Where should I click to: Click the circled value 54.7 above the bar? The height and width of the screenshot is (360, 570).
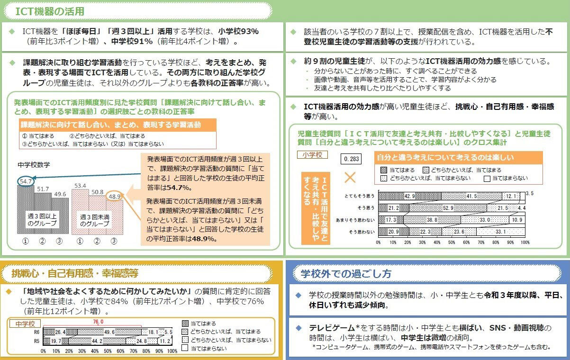tap(26, 181)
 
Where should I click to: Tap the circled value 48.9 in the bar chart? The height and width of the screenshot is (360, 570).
tap(115, 196)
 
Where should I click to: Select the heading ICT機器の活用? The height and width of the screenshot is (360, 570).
tap(50, 11)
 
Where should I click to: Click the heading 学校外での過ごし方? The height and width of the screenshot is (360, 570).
tap(346, 274)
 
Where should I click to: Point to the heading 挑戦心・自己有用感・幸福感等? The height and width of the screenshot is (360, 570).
tap(75, 273)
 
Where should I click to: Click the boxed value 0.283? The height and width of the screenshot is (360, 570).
tap(351, 159)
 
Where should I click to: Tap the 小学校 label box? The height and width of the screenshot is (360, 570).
tap(312, 155)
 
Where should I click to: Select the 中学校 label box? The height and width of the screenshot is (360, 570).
tap(25, 324)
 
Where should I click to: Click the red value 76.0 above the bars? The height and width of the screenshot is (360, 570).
tap(98, 322)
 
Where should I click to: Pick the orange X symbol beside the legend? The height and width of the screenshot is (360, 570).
tap(350, 178)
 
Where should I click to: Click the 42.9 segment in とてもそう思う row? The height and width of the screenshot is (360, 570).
tap(410, 196)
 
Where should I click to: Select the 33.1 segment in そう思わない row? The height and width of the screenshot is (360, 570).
tap(500, 232)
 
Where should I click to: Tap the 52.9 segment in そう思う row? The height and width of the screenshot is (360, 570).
tap(448, 208)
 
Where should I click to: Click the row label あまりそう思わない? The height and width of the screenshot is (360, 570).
tap(355, 220)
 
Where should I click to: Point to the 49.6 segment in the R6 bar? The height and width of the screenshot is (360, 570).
tap(109, 332)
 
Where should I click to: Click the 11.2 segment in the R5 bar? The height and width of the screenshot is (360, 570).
tap(165, 341)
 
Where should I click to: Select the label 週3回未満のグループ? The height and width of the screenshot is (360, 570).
tap(94, 220)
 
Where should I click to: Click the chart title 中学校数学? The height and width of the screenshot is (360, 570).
tap(34, 165)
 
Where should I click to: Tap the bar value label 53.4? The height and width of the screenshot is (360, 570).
tap(80, 186)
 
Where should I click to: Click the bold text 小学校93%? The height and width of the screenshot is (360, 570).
tap(238, 31)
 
